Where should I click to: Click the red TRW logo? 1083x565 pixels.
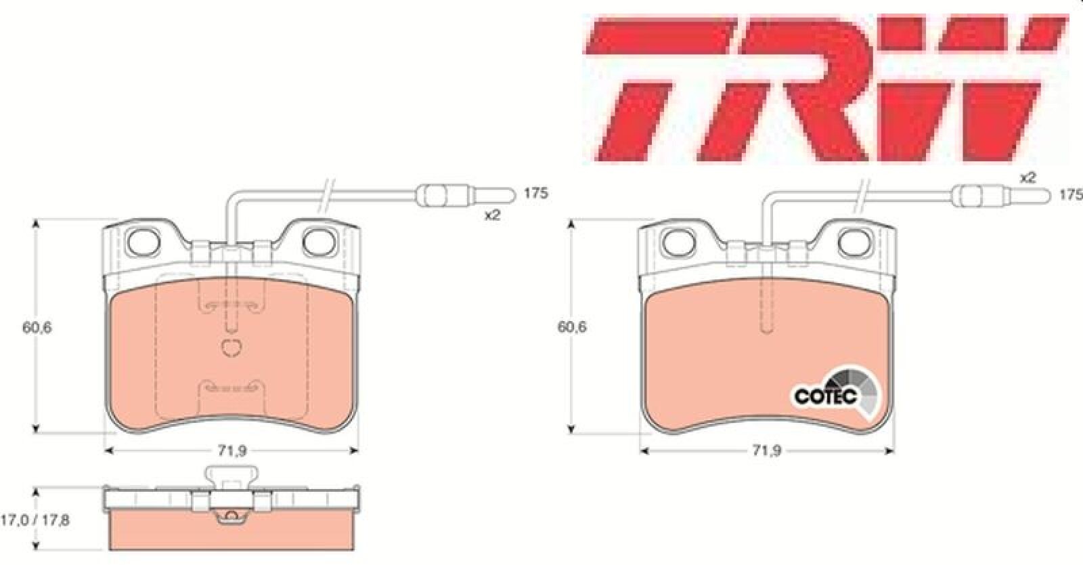click(x=826, y=89)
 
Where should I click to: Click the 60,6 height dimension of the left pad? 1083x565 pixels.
click(x=37, y=327)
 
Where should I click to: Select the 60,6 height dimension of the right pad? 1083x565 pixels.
click(x=572, y=327)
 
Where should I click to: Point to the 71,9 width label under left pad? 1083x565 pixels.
click(x=232, y=451)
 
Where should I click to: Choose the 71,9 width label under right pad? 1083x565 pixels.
click(x=767, y=451)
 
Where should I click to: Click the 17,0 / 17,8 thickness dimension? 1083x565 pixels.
click(x=35, y=520)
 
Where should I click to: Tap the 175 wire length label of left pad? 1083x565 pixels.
click(x=536, y=194)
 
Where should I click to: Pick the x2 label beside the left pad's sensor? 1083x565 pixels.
click(x=493, y=215)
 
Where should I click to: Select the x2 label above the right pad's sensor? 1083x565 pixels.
click(x=1028, y=177)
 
